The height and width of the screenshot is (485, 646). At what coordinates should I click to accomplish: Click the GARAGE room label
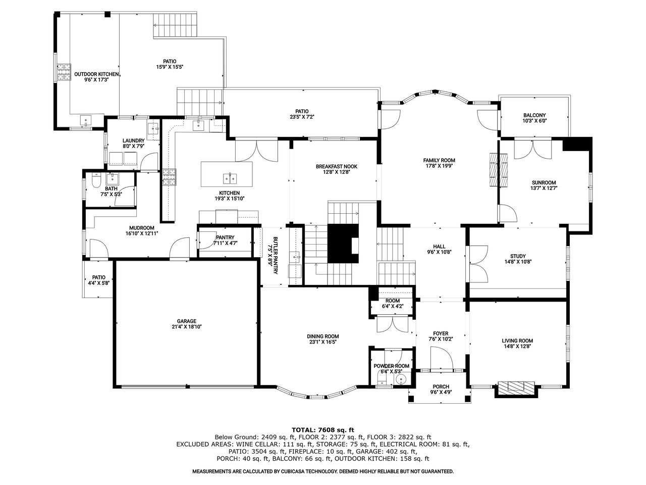(x=187, y=321)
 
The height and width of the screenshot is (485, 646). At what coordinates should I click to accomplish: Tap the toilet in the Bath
(x=96, y=180)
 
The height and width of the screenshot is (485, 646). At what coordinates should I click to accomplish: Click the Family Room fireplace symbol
(x=499, y=170)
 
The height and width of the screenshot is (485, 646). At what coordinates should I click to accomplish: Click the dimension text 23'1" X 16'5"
(x=323, y=342)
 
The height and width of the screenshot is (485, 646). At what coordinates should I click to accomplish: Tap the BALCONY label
(x=534, y=115)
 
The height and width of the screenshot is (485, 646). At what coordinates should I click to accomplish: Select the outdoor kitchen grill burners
(x=64, y=72)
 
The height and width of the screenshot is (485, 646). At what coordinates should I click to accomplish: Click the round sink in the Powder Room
(x=400, y=379)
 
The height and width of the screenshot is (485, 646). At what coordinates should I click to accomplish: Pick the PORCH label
(x=441, y=386)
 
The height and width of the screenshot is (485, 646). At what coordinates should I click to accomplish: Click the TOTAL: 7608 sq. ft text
(x=323, y=430)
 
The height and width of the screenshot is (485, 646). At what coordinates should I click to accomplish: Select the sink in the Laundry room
(x=153, y=128)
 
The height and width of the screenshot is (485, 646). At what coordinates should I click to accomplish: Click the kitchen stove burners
(x=169, y=177)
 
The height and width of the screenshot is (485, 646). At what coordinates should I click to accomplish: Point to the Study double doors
(x=478, y=264)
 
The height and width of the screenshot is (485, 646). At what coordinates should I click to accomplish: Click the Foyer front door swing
(x=441, y=358)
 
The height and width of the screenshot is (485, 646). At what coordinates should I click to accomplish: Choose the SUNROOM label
(x=544, y=182)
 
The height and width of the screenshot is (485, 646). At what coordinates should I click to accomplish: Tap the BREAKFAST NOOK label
(x=337, y=166)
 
